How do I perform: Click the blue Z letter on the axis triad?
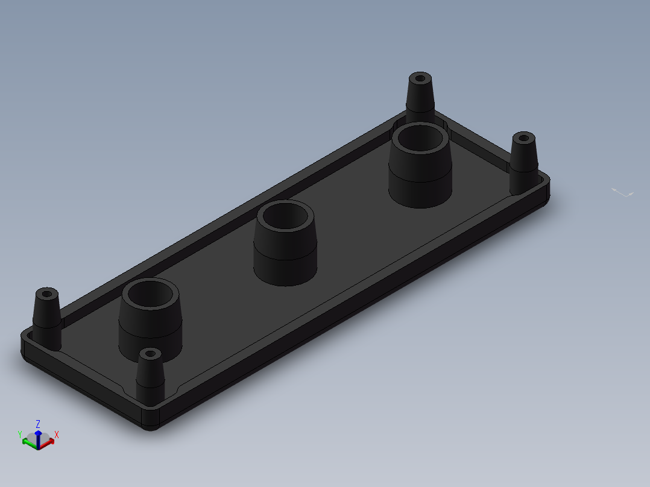[38, 424]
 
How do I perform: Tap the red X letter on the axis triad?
[57, 435]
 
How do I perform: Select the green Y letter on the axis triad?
[19, 435]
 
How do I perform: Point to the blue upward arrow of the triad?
[38, 439]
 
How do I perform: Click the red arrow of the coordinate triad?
[46, 444]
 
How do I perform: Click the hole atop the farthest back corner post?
[420, 78]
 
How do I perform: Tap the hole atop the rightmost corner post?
[523, 137]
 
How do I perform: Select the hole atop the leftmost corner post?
[47, 294]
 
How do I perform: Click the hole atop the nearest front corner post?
[151, 354]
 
